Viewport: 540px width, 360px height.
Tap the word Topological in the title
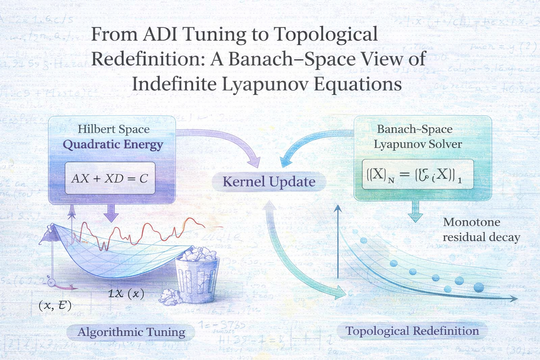326,34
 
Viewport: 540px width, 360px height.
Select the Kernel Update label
269,182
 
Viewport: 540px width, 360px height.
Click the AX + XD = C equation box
110,178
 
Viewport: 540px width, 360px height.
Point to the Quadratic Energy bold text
113,144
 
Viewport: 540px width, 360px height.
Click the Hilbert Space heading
114,129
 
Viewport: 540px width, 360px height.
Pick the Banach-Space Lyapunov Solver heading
417,136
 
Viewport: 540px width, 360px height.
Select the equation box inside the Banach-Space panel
417,174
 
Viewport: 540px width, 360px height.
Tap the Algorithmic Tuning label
131,332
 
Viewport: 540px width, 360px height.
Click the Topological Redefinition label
412,331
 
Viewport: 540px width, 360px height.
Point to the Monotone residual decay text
481,230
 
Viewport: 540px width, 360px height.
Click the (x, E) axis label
55,305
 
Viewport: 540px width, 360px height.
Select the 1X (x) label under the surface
126,293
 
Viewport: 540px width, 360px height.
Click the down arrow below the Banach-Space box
415,212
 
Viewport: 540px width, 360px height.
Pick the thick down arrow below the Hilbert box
111,213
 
